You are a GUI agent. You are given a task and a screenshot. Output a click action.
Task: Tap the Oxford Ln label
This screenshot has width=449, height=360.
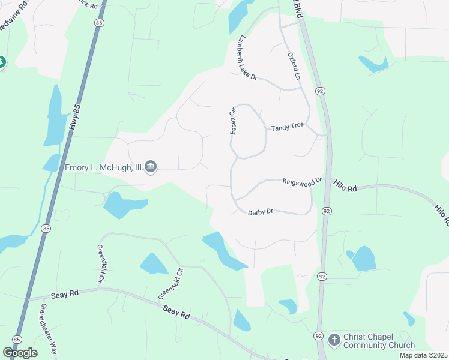pyautogui.click(x=293, y=66)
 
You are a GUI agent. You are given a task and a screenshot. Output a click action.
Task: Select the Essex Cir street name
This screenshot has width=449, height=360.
pyautogui.click(x=233, y=121)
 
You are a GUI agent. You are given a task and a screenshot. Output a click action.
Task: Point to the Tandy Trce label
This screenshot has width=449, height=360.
pyautogui.click(x=288, y=127)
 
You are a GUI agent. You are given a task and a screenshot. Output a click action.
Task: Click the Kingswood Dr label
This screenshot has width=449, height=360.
pyautogui.click(x=303, y=180)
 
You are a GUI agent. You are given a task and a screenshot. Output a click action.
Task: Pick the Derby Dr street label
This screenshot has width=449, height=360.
pyautogui.click(x=261, y=212)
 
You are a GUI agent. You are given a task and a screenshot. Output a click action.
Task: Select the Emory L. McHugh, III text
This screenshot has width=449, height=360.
pyautogui.click(x=103, y=167)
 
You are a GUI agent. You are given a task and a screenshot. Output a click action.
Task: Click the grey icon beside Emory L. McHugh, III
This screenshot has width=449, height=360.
pyautogui.click(x=151, y=167)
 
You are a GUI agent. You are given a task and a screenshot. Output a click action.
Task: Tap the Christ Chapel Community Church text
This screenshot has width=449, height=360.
pyautogui.click(x=379, y=341)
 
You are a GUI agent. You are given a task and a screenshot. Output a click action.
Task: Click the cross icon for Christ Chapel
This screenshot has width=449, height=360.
pyautogui.click(x=334, y=340)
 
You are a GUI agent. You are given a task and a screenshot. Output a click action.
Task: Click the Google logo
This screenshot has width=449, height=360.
pyautogui.click(x=20, y=352)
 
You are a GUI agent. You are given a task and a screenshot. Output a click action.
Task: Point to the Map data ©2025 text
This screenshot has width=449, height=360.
pyautogui.click(x=423, y=355)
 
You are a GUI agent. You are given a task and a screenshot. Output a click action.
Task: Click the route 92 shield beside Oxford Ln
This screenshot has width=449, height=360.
pyautogui.click(x=321, y=91)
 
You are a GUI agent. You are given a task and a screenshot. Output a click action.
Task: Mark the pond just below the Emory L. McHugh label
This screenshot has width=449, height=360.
pyautogui.click(x=124, y=204)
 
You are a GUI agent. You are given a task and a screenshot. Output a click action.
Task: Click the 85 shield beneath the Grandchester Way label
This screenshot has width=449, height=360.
pyautogui.click(x=17, y=340)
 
